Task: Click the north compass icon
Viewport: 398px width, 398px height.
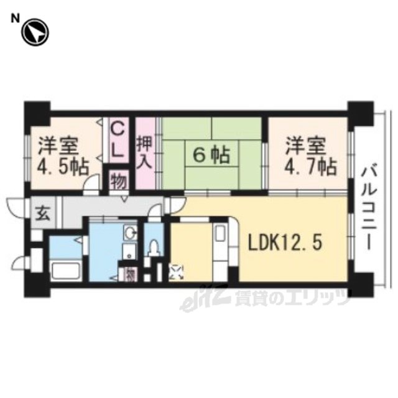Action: (x=35, y=32)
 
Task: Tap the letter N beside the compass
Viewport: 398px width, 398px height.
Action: (x=15, y=19)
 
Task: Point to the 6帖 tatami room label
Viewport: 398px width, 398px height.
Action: (x=211, y=155)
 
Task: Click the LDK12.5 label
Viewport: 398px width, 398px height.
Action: (x=285, y=243)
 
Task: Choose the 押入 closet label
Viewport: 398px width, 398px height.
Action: (x=145, y=154)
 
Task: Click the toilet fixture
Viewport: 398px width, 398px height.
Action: (x=154, y=247)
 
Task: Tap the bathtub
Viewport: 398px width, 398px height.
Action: (x=65, y=271)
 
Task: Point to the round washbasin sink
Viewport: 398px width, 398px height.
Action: (x=130, y=232)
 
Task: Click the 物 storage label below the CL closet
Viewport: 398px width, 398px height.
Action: (x=119, y=181)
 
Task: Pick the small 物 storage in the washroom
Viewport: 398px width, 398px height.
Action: (x=131, y=274)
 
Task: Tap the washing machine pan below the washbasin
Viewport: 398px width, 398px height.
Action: (x=129, y=251)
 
